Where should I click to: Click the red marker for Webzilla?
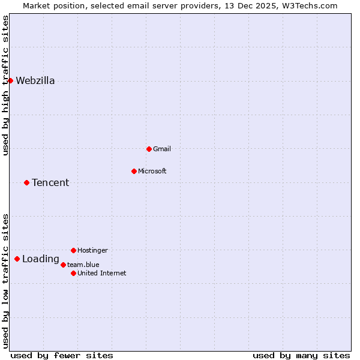click(x=10, y=80)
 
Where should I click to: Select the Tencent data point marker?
click(x=26, y=182)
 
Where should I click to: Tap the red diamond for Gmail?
click(x=149, y=149)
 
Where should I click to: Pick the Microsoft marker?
click(x=134, y=171)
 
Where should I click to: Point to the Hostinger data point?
click(x=73, y=250)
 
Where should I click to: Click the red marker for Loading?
click(x=17, y=259)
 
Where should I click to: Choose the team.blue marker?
click(x=63, y=264)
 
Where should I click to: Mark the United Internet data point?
click(x=73, y=273)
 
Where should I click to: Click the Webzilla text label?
click(x=35, y=81)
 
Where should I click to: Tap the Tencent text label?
click(x=50, y=183)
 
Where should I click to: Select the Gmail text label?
click(x=162, y=149)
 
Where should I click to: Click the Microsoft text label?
click(x=152, y=172)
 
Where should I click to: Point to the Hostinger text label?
click(x=93, y=251)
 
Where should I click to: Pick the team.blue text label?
click(x=83, y=265)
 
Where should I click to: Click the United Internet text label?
click(x=102, y=274)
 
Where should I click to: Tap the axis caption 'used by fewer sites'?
click(x=62, y=355)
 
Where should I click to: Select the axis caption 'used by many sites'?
click(x=301, y=355)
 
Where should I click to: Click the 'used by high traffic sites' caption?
click(x=5, y=85)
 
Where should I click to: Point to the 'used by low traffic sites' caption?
click(x=5, y=281)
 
